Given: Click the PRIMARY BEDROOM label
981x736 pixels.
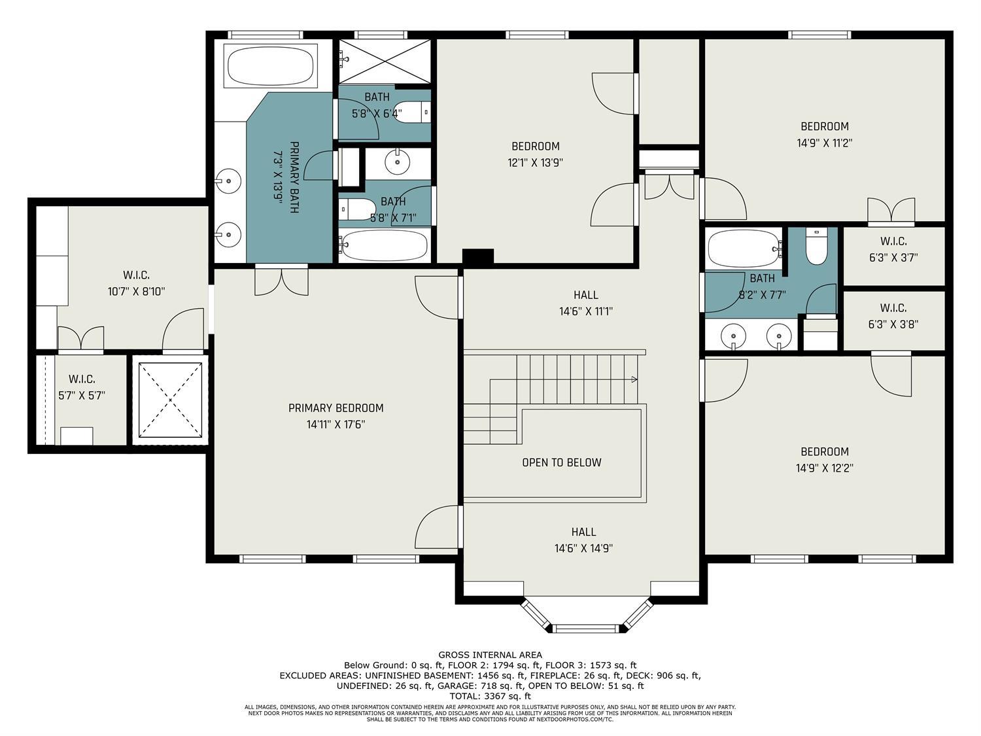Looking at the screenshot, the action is click(x=336, y=408).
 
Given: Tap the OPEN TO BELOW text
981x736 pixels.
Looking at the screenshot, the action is click(x=562, y=463).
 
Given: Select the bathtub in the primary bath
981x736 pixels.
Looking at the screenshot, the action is click(x=271, y=65).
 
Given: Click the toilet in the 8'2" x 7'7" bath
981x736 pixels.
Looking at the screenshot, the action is click(x=816, y=246).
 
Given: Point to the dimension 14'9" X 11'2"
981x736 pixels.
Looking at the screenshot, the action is click(x=825, y=143).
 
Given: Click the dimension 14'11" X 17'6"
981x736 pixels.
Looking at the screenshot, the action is click(x=336, y=424).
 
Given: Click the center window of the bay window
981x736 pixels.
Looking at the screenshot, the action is click(x=586, y=629).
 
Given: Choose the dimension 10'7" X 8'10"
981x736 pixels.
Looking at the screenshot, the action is click(x=136, y=292).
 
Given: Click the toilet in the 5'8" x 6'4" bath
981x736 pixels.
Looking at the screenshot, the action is click(x=413, y=112).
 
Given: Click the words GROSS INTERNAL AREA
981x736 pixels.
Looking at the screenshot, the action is click(x=490, y=655).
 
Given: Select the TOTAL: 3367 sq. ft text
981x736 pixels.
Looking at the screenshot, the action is click(x=490, y=696).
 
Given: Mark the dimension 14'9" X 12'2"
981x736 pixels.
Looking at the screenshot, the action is click(x=825, y=468).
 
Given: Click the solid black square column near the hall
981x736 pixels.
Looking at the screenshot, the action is click(x=478, y=258).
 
